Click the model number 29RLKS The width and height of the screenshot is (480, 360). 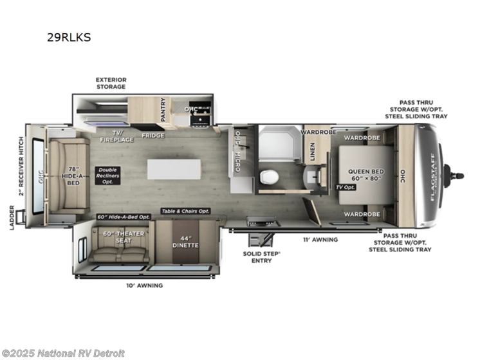[x=69, y=37]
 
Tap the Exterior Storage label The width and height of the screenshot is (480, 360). [x=111, y=83]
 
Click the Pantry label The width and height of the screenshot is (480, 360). [x=163, y=110]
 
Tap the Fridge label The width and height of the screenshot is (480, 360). [x=153, y=136]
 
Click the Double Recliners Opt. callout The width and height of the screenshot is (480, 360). [x=108, y=176]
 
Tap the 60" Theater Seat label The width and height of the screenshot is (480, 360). [x=118, y=237]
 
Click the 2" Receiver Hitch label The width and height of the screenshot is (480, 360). [x=21, y=165]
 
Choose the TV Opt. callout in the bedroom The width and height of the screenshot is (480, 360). [x=346, y=187]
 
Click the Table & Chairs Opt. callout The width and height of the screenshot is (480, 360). [x=186, y=211]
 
